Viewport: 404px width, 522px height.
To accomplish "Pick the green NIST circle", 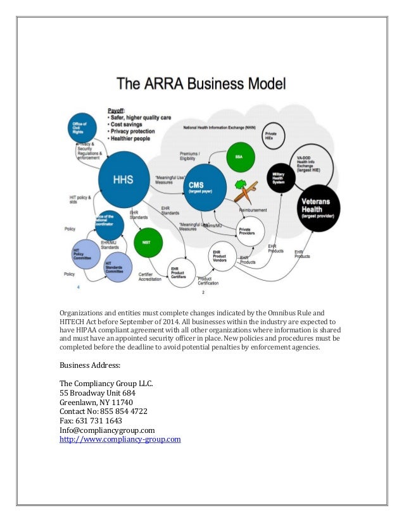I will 147,241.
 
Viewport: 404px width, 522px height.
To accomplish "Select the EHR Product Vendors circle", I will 222,260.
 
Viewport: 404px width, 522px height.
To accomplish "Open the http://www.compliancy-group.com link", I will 120,438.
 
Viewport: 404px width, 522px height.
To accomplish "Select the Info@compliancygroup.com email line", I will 107,429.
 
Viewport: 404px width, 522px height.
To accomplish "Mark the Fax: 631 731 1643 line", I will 91,420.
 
